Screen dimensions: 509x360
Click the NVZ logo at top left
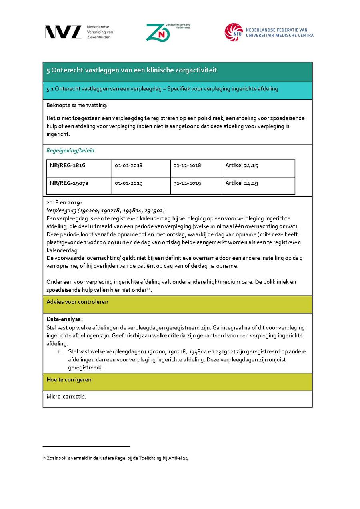[63, 32]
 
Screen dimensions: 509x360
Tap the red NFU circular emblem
[233, 32]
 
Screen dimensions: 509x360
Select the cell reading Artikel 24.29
[241, 183]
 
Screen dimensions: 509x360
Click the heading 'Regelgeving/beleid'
[70, 151]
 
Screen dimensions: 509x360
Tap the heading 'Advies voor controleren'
[77, 302]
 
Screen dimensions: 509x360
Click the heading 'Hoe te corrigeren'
[69, 380]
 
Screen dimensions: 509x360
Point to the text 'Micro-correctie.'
[66, 397]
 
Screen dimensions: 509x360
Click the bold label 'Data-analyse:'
[64, 319]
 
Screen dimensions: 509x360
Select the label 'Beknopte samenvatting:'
[77, 105]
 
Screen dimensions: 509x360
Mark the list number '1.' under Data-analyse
[59, 352]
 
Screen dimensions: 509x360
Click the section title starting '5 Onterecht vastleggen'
[132, 70]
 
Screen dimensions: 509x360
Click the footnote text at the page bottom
[116, 458]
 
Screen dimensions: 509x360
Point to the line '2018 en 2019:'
[64, 203]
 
